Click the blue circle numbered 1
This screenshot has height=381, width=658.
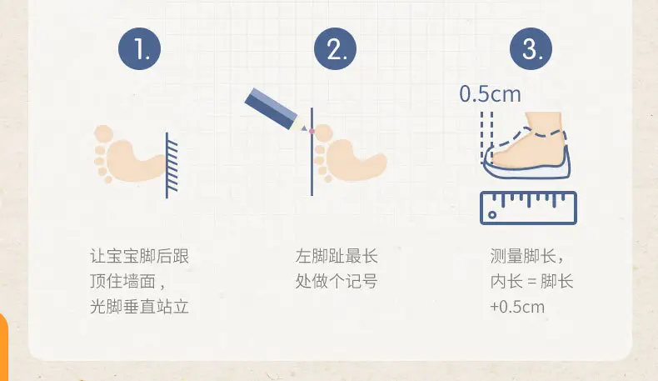point(139,48)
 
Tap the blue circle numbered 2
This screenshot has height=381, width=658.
point(335,48)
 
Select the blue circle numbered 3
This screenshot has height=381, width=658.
point(531,48)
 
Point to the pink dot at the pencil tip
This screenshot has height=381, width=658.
point(312,132)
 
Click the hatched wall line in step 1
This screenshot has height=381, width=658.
point(172,165)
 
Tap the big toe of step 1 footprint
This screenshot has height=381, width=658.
point(103,134)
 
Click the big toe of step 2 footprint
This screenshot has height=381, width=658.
point(323,133)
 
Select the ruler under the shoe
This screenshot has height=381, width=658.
point(528,208)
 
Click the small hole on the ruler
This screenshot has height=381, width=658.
point(492,215)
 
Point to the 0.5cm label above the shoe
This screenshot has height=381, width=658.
point(490,93)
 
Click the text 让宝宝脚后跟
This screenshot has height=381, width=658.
point(139,256)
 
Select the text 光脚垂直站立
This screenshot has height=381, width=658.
point(139,306)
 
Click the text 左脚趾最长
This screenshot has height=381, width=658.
point(336,256)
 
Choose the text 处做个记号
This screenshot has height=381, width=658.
point(336,281)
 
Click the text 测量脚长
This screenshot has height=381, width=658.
point(523,256)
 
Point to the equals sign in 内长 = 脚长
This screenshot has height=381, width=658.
point(531,282)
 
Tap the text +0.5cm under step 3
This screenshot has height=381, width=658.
point(517,307)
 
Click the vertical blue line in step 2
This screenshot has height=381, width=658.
point(312,152)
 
